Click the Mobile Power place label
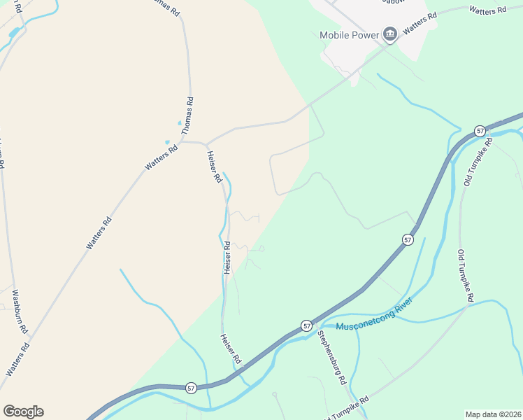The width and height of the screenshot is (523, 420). (348, 35)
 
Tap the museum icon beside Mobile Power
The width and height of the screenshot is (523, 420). (389, 34)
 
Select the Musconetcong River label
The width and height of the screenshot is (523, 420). (375, 316)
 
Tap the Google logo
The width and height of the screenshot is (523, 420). (23, 412)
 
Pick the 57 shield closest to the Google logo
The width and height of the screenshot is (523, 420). (190, 387)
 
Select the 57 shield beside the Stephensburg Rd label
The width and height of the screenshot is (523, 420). (306, 325)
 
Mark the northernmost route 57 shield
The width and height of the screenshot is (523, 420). (480, 131)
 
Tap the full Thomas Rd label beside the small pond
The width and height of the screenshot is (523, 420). (187, 116)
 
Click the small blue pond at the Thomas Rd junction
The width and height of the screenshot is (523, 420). (168, 142)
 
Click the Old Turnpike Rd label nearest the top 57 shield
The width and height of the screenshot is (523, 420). (478, 162)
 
